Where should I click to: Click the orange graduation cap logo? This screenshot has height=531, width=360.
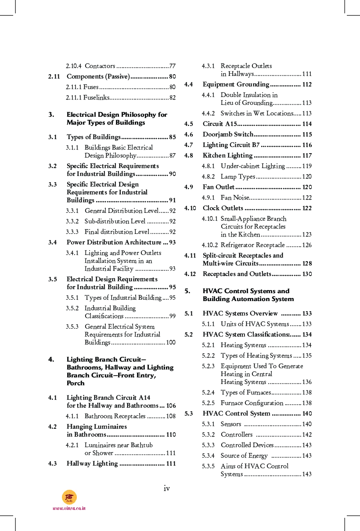[69, 497]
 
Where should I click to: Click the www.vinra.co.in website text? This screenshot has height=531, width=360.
[69, 508]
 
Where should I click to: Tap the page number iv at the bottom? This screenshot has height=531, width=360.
[167, 488]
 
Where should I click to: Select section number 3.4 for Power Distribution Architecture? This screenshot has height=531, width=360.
[53, 242]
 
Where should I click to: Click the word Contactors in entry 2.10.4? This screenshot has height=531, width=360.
[100, 66]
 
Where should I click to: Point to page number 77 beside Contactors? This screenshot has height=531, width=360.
[172, 66]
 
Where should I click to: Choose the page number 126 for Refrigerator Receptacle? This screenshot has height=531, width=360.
[306, 245]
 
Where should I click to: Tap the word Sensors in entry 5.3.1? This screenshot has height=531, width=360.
[231, 424]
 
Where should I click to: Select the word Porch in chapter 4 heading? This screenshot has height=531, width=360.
[76, 383]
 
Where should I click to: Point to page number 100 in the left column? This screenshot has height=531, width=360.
[171, 342]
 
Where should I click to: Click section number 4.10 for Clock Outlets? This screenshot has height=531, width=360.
[190, 208]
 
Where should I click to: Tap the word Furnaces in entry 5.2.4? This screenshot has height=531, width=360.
[258, 392]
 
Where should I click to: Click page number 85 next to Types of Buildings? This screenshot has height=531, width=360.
[172, 137]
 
